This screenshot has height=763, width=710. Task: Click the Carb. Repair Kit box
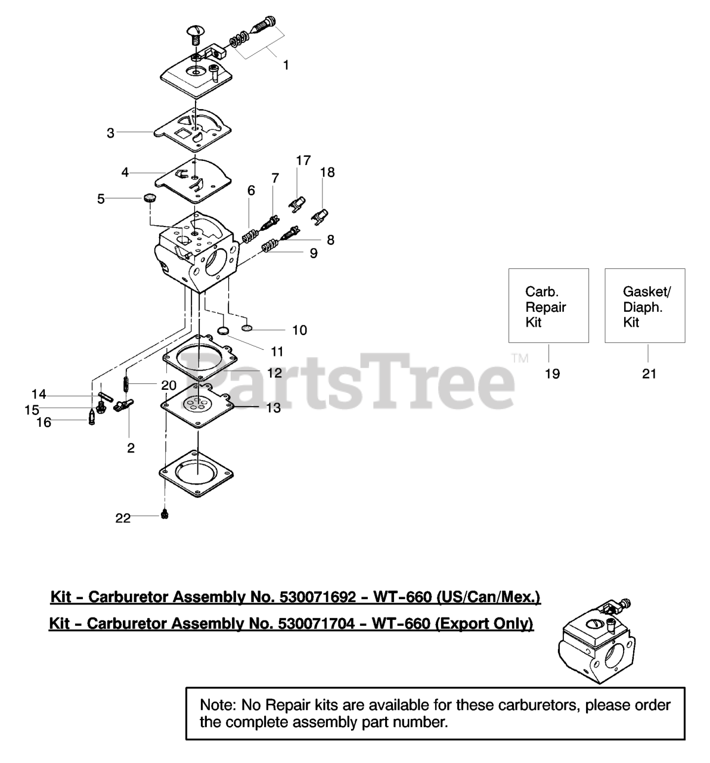click(548, 305)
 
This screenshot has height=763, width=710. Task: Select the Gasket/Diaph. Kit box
click(644, 305)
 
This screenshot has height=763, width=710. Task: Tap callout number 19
click(552, 374)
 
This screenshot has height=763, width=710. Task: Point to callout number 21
click(649, 374)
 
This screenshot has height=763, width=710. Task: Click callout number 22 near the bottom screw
click(123, 519)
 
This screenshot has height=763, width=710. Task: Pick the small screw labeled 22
click(165, 514)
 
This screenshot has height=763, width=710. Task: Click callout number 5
click(101, 199)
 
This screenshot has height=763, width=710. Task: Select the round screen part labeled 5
click(149, 198)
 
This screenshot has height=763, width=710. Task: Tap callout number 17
click(303, 160)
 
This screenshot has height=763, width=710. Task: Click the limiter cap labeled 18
click(321, 214)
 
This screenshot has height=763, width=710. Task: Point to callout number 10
click(299, 330)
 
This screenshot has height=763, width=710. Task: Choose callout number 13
click(273, 408)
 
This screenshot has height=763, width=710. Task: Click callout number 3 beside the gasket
click(110, 133)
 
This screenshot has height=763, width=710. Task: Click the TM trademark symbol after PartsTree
click(520, 358)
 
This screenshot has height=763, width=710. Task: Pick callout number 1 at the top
click(286, 65)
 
